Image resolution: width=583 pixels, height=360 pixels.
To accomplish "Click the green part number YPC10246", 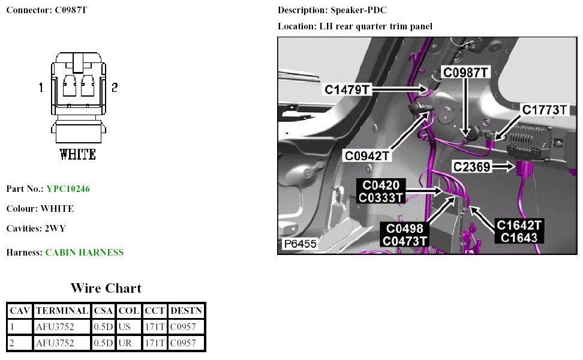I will pyautogui.click(x=68, y=189).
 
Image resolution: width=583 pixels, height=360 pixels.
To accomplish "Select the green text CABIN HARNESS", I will pyautogui.click(x=85, y=253).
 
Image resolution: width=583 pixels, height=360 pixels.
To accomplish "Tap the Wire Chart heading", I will pyautogui.click(x=106, y=288).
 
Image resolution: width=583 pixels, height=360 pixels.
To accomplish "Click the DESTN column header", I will pyautogui.click(x=187, y=311).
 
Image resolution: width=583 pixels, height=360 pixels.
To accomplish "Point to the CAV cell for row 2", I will pyautogui.click(x=20, y=343).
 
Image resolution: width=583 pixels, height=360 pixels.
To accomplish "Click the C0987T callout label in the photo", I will pyautogui.click(x=466, y=73).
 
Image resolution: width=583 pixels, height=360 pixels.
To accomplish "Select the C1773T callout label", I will pyautogui.click(x=545, y=110).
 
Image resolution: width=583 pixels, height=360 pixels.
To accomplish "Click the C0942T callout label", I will pyautogui.click(x=367, y=156).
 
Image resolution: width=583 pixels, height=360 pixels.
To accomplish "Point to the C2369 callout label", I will pyautogui.click(x=471, y=167).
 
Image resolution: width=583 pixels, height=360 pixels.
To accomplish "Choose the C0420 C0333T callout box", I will pyautogui.click(x=380, y=191).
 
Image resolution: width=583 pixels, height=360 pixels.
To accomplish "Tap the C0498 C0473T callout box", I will pyautogui.click(x=404, y=235).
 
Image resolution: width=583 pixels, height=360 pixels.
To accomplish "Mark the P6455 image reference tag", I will pyautogui.click(x=300, y=245).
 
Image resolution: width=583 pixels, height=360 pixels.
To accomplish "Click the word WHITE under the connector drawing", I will pyautogui.click(x=78, y=155).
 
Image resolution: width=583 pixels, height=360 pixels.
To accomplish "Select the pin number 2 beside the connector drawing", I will pyautogui.click(x=114, y=88).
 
